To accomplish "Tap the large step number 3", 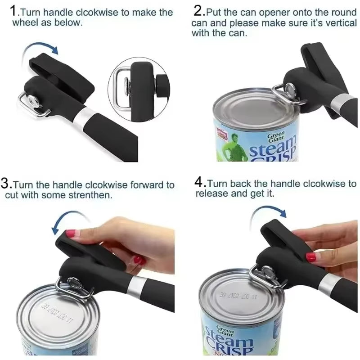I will tap(6, 184).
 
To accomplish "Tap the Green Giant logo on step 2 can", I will tap(277, 137).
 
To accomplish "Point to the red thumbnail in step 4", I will tap(310, 257).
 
